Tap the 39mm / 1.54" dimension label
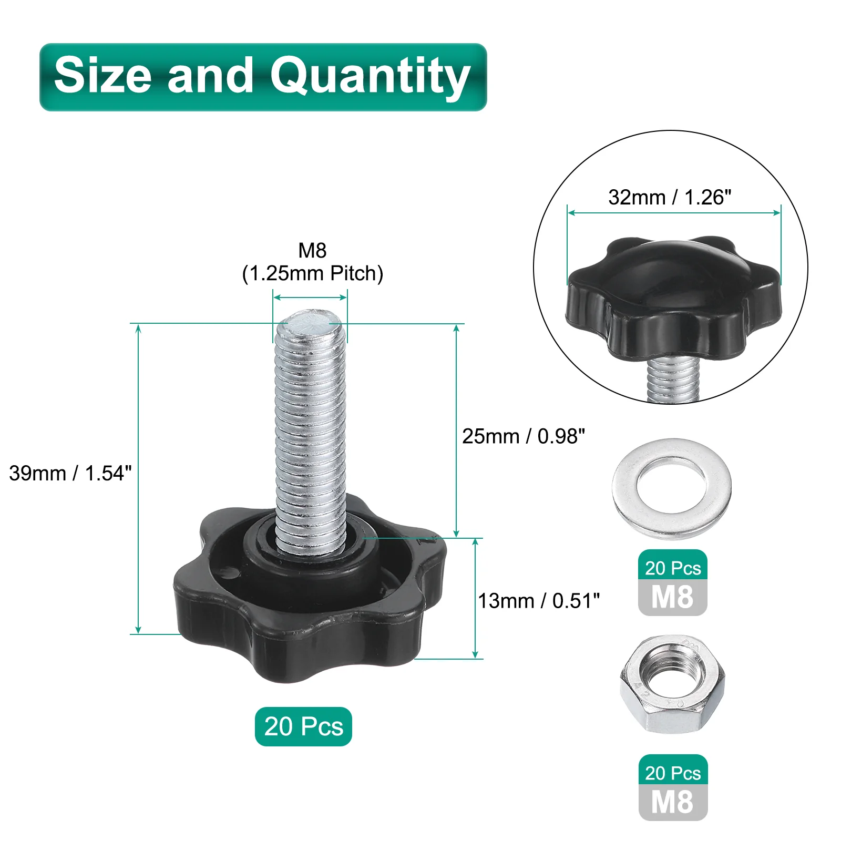click(70, 473)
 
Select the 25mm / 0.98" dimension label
click(524, 436)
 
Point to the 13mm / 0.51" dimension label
click(539, 601)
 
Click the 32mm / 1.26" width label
click(670, 197)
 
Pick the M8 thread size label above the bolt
click(312, 250)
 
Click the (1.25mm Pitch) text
click(312, 273)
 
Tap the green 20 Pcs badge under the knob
click(303, 726)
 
